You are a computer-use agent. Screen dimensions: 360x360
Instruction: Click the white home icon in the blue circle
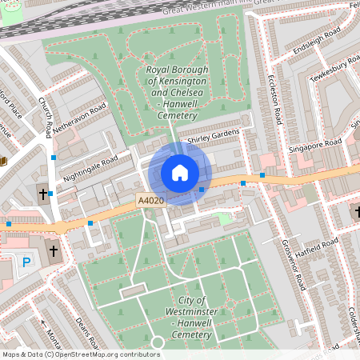pyautogui.click(x=180, y=173)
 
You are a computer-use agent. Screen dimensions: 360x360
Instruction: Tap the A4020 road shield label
pyautogui.click(x=150, y=201)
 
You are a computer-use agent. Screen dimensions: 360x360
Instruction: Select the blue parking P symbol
pyautogui.click(x=26, y=261)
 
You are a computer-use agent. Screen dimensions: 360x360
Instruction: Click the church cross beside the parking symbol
pyautogui.click(x=54, y=252)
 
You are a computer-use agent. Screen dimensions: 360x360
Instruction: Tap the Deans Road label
pyautogui.click(x=87, y=329)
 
